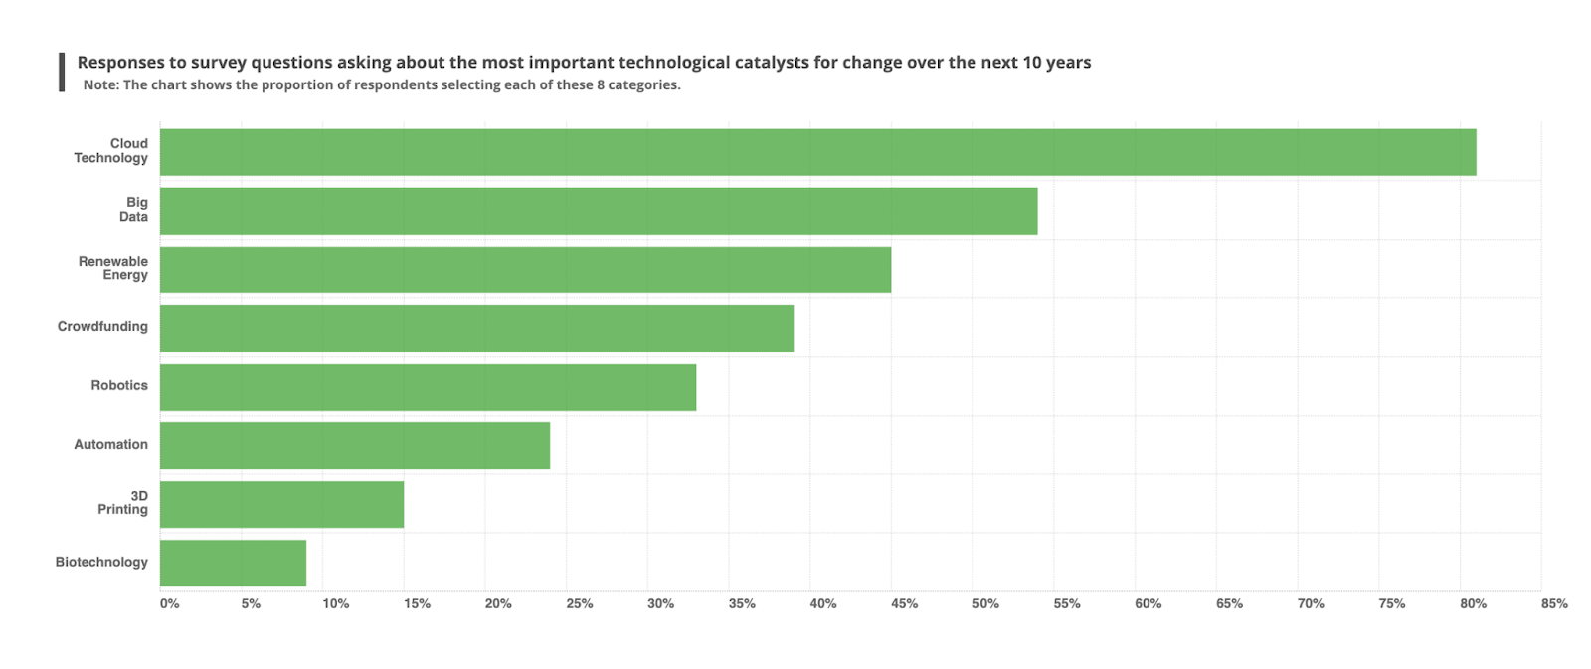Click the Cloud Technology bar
pos(817,152)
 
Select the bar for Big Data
pos(599,211)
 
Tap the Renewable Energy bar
pos(525,269)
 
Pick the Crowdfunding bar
pos(476,328)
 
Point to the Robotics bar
pos(428,387)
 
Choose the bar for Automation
pos(355,445)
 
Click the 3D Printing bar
pos(281,504)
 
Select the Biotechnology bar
pos(233,563)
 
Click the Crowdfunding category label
pos(102,326)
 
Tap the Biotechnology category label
pos(101,562)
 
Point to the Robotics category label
pos(119,385)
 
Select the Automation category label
pos(110,444)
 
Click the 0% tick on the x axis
pos(170,603)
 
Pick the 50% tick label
pos(985,603)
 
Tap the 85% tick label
pos(1554,603)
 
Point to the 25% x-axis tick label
pos(580,603)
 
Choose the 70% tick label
pos(1311,603)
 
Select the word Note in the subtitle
pos(99,85)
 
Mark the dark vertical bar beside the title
pos(62,73)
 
